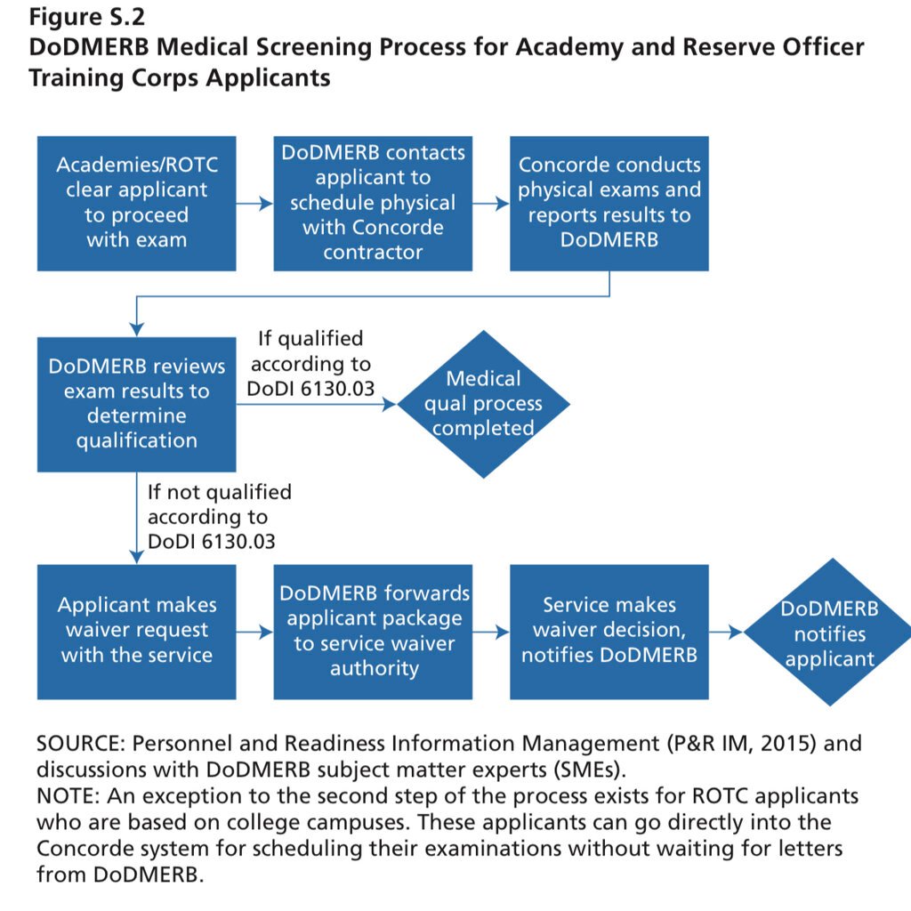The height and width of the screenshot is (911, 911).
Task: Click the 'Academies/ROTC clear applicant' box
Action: tap(136, 203)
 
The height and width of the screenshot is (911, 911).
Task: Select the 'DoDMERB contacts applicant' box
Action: tap(373, 203)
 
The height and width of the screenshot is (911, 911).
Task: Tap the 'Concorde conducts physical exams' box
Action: tap(609, 203)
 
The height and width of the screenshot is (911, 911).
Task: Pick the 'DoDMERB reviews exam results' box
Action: tap(136, 404)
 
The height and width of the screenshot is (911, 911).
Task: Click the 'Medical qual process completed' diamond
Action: tap(483, 404)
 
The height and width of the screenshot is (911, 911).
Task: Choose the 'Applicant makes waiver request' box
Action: tap(136, 631)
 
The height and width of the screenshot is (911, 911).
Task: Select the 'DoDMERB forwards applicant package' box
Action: tap(373, 631)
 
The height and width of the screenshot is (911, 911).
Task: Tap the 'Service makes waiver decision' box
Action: tap(609, 631)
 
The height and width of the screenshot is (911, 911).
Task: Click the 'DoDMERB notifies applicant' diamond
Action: tap(828, 633)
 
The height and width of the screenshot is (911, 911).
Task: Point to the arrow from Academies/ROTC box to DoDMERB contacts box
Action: tap(255, 204)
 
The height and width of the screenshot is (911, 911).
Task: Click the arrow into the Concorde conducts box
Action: tap(491, 204)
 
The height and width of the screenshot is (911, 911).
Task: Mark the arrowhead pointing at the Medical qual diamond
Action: tap(391, 405)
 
